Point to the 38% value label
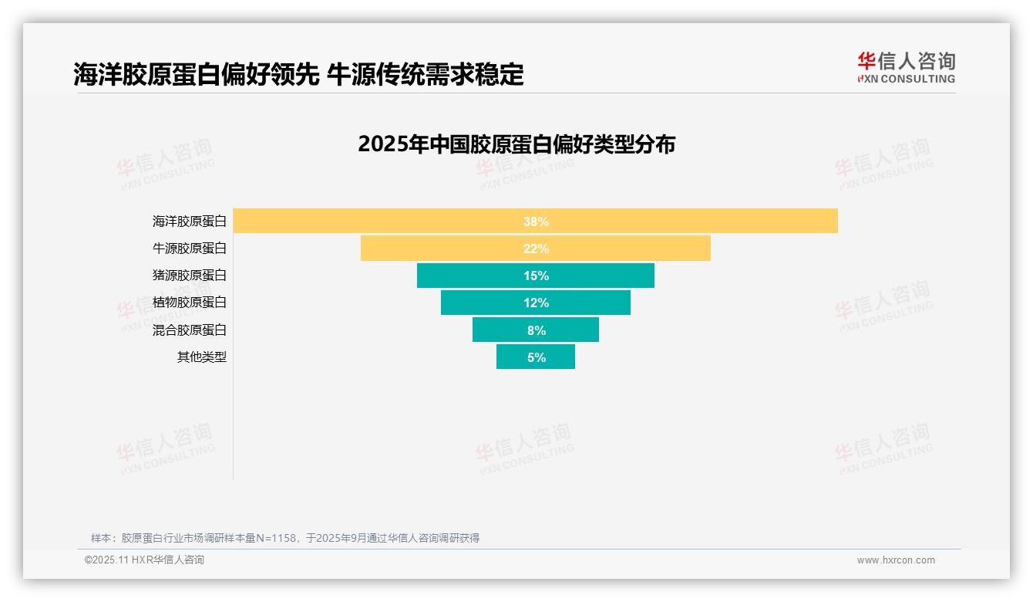(x=536, y=222)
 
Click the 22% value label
(x=536, y=249)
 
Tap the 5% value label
(x=537, y=357)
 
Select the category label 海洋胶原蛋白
(x=190, y=222)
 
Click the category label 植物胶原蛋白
(x=190, y=303)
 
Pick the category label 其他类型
(x=202, y=357)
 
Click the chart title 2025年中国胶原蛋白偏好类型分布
(x=516, y=144)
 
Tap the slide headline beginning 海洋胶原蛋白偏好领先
(x=298, y=75)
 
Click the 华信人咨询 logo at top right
(x=906, y=67)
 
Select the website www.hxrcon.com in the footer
(x=895, y=560)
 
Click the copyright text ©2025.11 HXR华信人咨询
(x=144, y=560)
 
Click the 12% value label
(x=536, y=303)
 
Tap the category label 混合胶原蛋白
(x=190, y=330)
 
